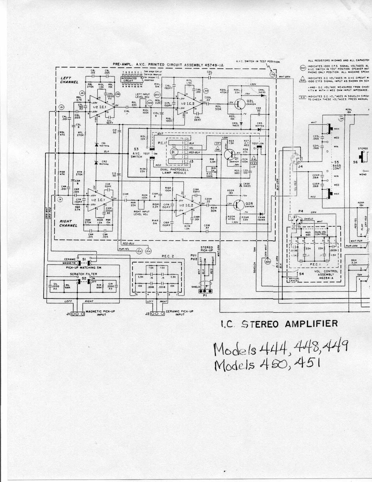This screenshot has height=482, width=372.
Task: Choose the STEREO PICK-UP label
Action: click(207, 249)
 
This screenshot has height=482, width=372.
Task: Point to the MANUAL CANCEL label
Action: click(294, 280)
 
